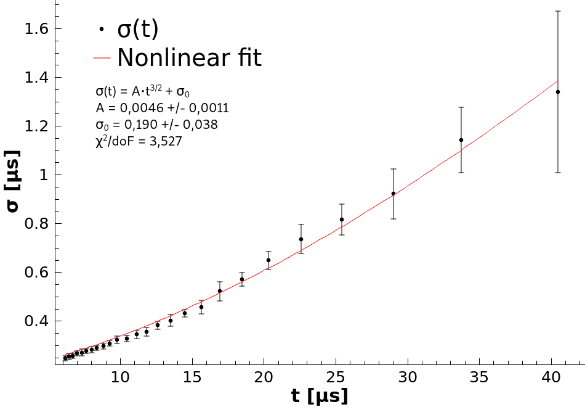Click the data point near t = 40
[x=558, y=92]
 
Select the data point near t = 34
[x=461, y=140]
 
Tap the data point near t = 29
[x=393, y=194]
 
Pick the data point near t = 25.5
[x=342, y=220]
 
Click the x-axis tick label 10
[x=121, y=376]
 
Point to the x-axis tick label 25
[x=336, y=376]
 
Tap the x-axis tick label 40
[x=551, y=376]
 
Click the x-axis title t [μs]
[x=320, y=395]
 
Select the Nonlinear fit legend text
[x=189, y=58]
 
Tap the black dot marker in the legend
[x=102, y=29]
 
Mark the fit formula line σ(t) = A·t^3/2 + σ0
[x=143, y=91]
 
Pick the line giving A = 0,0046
[x=163, y=108]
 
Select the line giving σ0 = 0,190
[x=157, y=125]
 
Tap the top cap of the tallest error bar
[x=558, y=11]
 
